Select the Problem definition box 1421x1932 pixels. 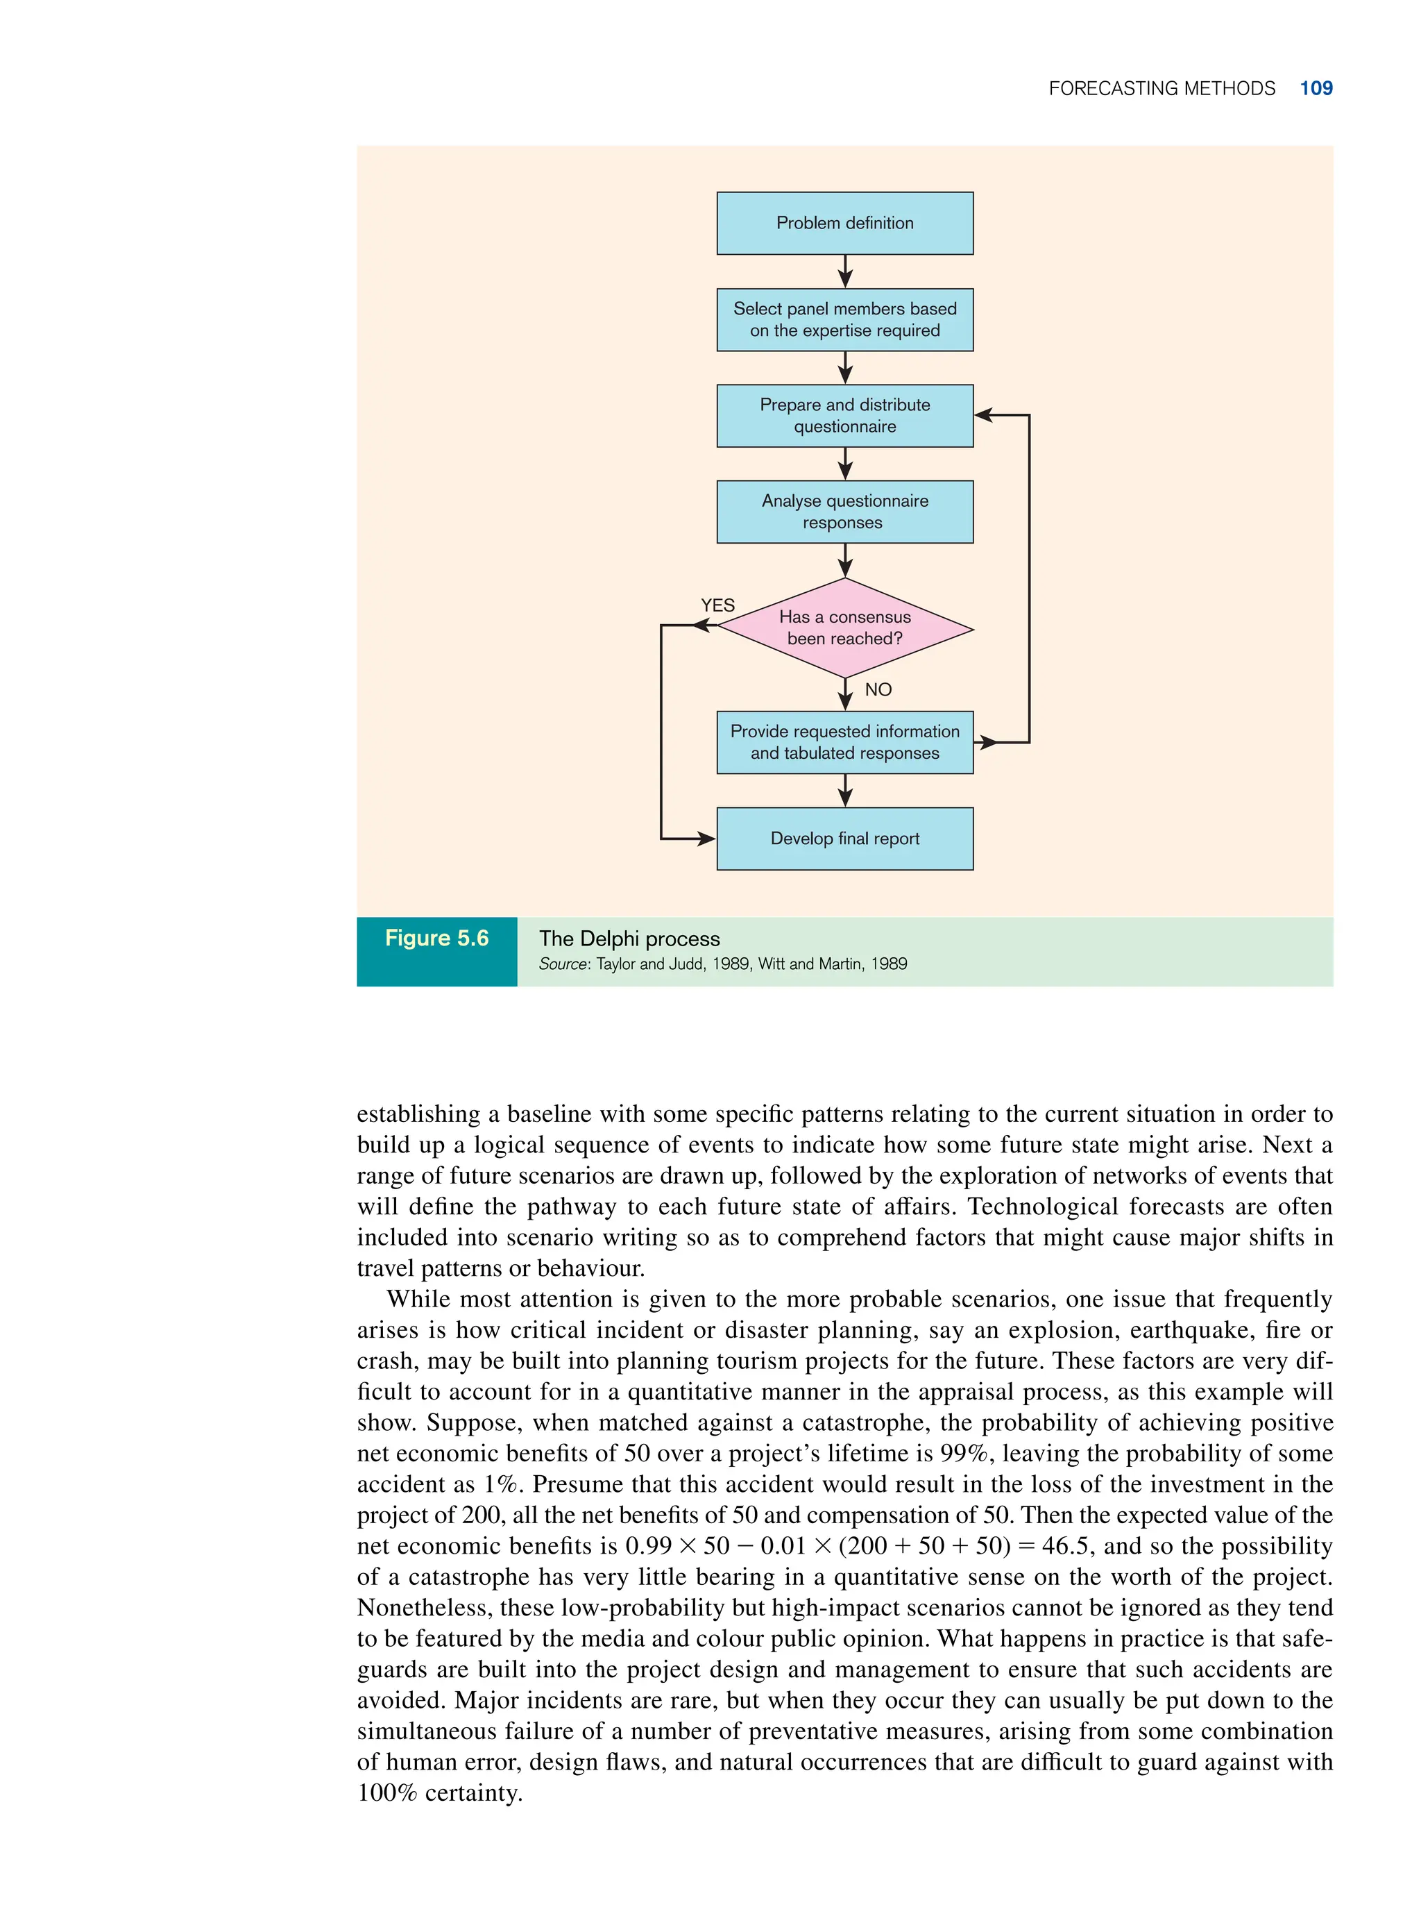844,223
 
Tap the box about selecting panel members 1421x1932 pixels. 844,319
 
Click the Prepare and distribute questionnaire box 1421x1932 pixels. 844,416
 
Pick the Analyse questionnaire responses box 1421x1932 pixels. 844,512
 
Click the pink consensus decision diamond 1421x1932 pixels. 844,628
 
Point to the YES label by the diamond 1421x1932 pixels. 717,605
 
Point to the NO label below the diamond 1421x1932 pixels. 878,689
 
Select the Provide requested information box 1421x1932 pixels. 844,742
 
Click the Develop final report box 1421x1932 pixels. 844,838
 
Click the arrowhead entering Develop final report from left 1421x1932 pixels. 706,838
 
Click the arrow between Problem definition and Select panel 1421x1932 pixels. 844,272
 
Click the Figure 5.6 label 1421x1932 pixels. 436,938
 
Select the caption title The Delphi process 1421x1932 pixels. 629,939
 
